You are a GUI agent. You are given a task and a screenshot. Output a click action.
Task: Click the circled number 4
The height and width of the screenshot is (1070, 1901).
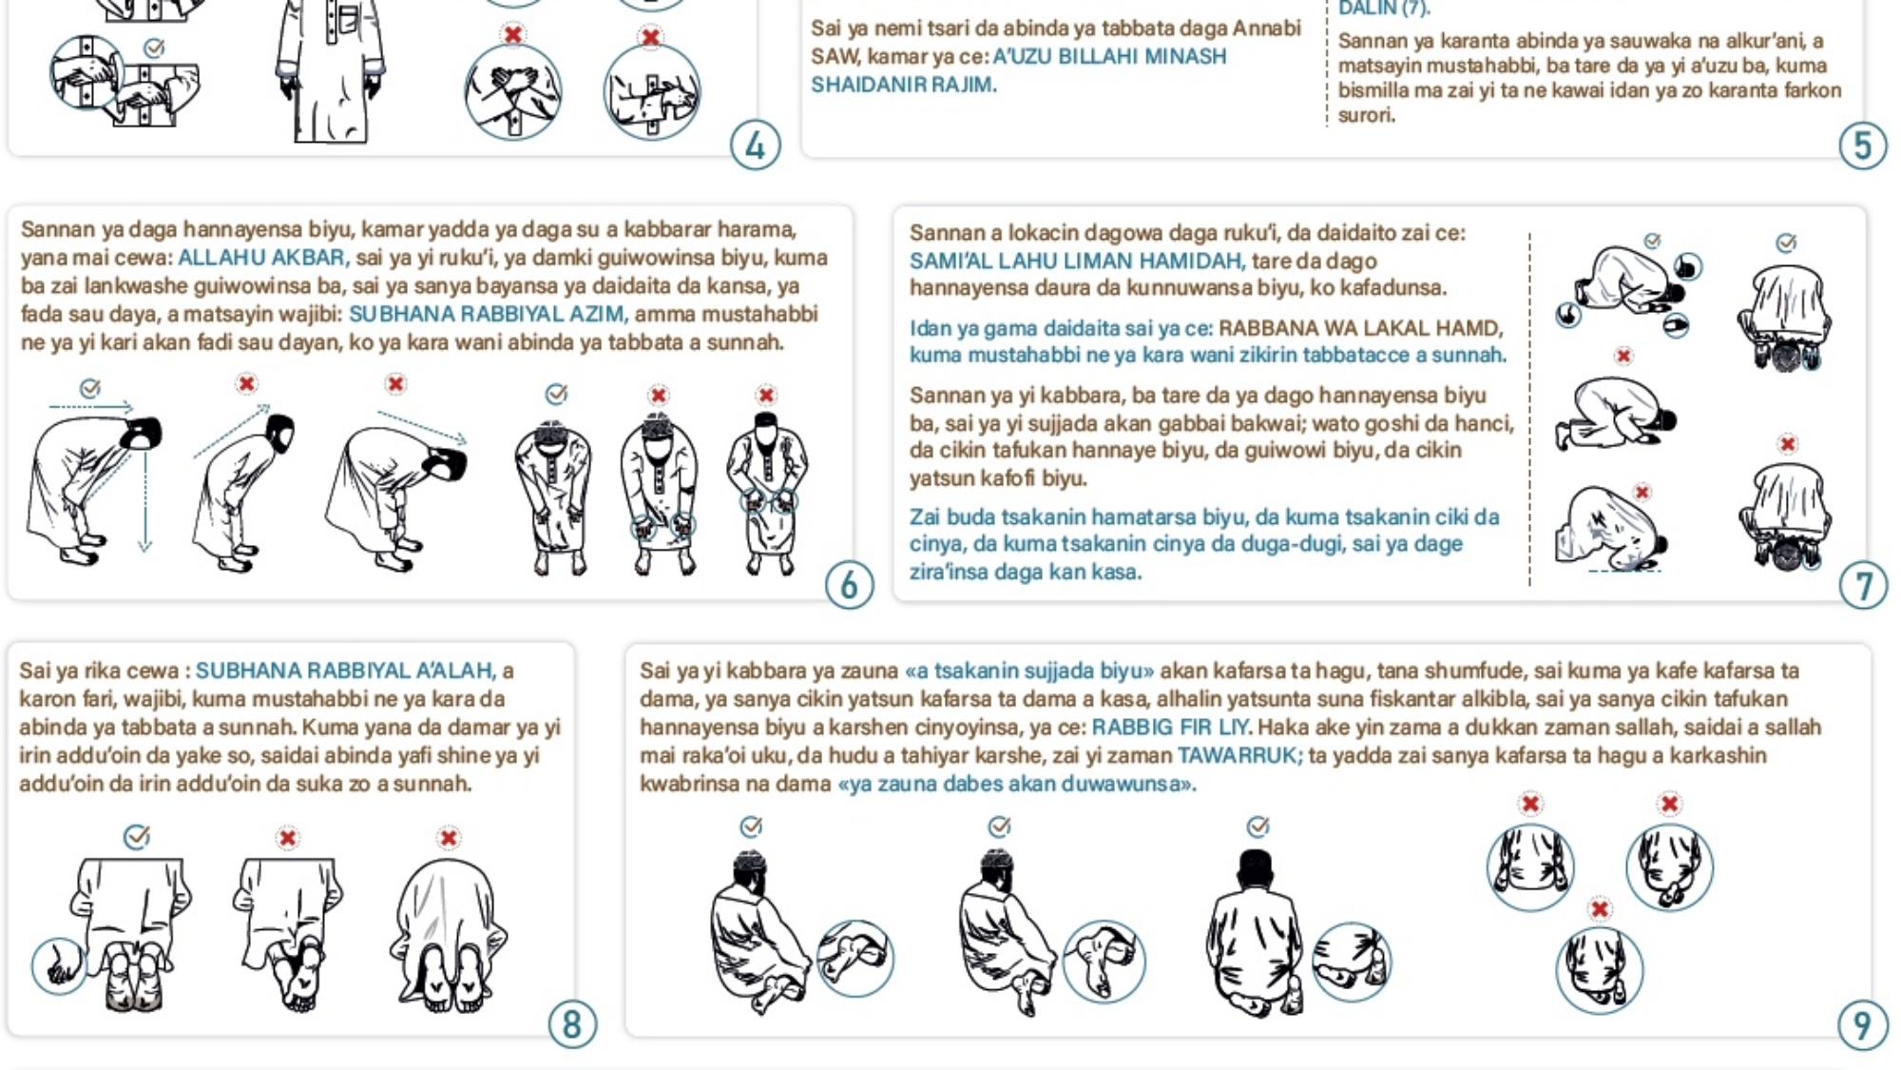coord(756,146)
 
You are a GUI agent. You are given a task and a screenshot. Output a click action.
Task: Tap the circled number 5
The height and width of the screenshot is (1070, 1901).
coord(1863,146)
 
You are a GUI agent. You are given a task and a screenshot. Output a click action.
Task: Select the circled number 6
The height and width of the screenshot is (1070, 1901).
coord(849,586)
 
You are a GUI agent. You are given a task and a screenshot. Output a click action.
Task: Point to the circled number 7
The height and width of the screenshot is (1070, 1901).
coord(1863,586)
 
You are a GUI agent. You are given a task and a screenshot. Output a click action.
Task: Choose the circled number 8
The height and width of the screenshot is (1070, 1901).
coord(572,1024)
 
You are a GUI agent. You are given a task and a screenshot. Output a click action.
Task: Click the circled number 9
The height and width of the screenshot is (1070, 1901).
coord(1863,1024)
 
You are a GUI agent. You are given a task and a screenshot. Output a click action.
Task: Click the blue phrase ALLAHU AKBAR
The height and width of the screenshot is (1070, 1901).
coord(261,258)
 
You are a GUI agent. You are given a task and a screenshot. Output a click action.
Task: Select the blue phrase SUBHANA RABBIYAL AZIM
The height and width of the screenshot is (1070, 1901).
coord(487,314)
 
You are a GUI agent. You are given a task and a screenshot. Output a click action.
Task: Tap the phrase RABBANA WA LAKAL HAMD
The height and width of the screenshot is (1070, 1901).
coord(1360,328)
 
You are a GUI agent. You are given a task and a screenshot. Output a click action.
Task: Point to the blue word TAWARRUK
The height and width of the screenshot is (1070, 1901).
coord(1239,755)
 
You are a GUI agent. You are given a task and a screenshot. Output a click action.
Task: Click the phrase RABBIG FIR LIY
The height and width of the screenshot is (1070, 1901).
coord(1170,727)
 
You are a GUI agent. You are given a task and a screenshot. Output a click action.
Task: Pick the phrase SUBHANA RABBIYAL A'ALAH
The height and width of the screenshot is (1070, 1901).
coord(344,671)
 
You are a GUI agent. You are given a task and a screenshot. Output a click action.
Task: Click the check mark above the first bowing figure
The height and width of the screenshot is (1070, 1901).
coord(90,387)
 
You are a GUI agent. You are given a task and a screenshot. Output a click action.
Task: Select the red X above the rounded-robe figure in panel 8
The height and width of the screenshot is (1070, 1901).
coord(449,838)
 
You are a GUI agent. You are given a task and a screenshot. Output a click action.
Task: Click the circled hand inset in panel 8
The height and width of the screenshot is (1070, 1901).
coord(59,966)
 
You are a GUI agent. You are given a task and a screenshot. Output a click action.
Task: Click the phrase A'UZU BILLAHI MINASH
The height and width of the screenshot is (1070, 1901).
coord(1109,56)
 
